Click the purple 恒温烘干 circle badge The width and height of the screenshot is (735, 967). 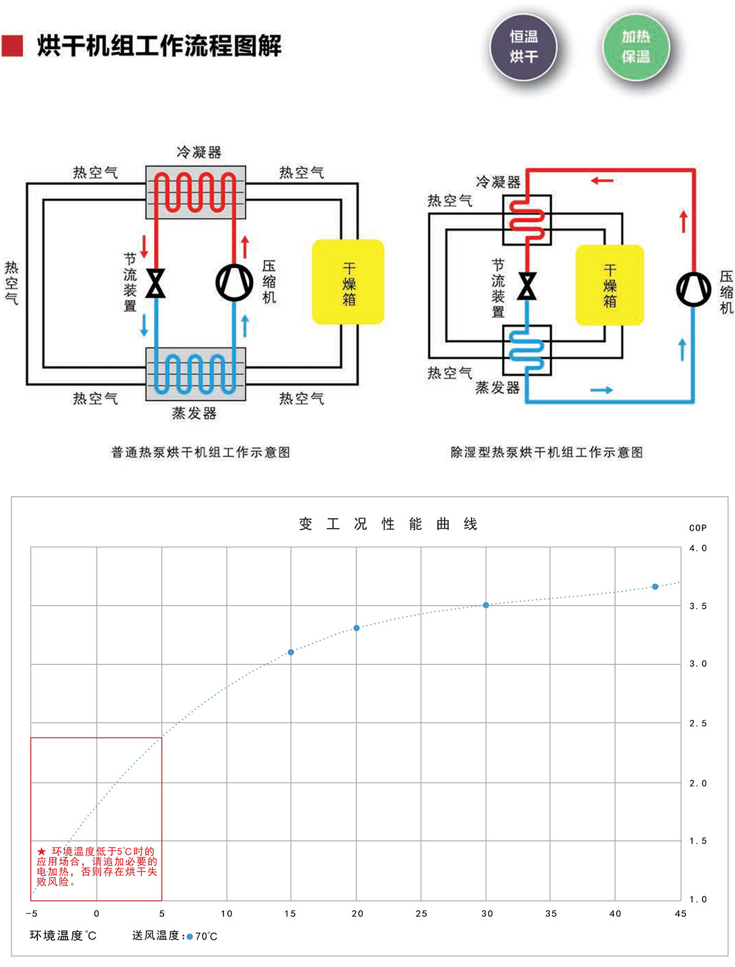[524, 47]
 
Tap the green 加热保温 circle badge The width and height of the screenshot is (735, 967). [636, 47]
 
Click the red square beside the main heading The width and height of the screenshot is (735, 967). [12, 46]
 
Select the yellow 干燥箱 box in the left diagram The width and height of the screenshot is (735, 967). [348, 282]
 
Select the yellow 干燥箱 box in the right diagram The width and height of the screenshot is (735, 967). [609, 285]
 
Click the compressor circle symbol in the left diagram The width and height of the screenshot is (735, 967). [235, 282]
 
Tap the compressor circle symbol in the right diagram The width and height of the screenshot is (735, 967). [693, 289]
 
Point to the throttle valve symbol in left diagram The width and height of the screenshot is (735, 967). [156, 283]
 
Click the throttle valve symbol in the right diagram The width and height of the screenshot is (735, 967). [527, 286]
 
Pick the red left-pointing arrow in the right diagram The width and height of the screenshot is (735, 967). [601, 181]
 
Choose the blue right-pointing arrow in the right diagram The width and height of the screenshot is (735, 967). [601, 390]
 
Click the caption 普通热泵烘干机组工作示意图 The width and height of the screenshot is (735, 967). [200, 452]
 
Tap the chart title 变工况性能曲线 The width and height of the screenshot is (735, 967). [388, 524]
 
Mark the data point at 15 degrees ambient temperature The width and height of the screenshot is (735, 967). [291, 652]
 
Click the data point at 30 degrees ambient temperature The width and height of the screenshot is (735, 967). [486, 605]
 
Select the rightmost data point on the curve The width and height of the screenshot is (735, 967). [655, 587]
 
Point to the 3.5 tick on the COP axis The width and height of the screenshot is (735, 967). [698, 606]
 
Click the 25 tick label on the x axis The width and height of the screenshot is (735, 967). [421, 914]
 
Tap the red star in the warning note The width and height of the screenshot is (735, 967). [41, 851]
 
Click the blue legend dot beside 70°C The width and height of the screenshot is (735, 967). [190, 936]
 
